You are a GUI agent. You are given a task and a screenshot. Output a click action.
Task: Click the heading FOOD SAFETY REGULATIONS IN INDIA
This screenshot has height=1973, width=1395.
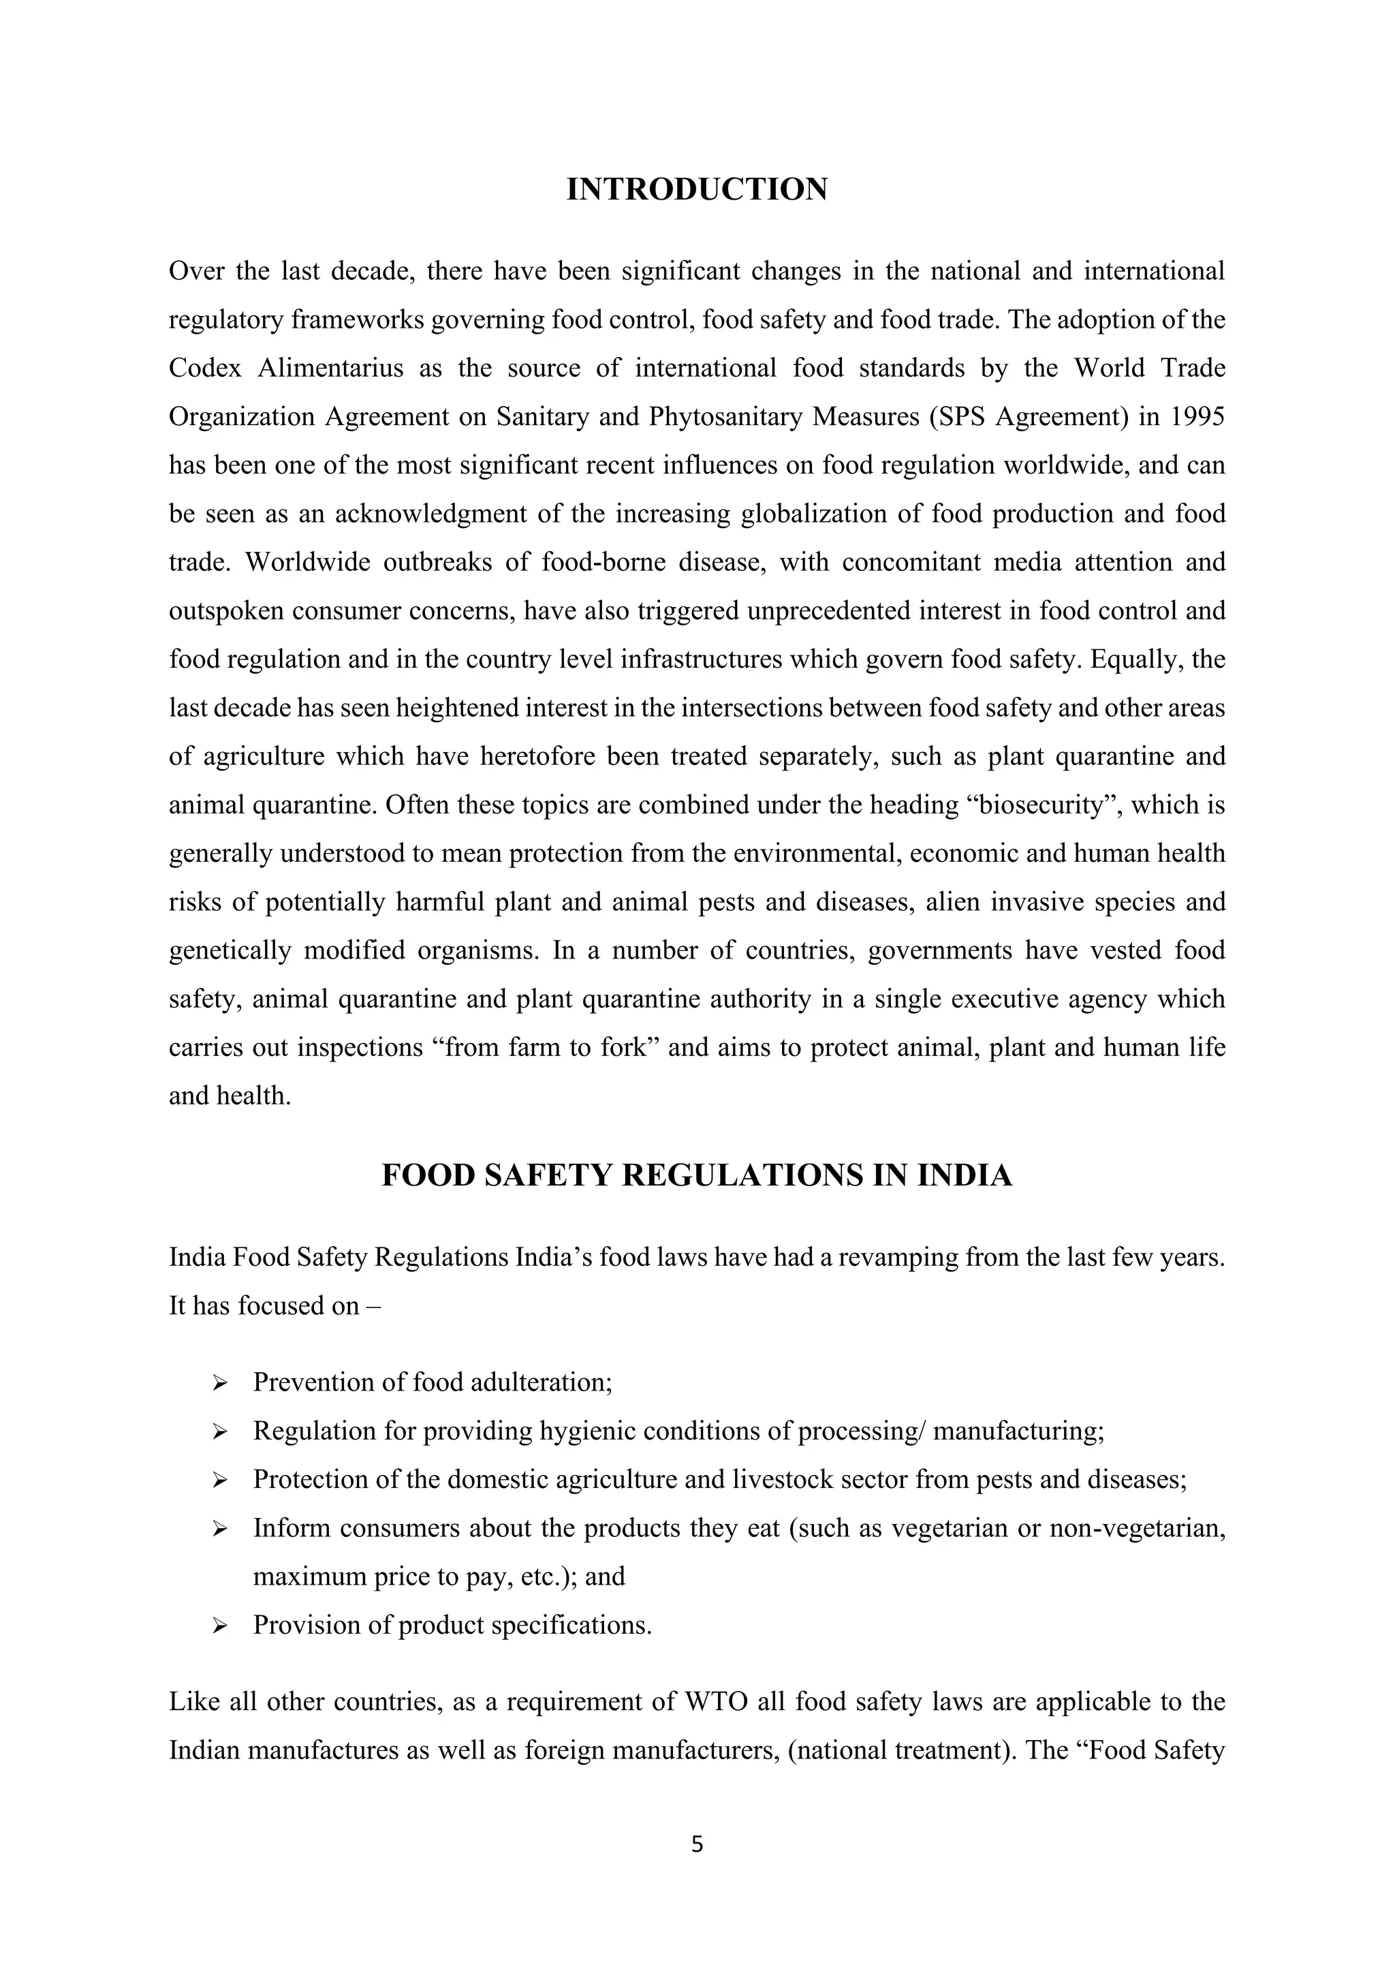coord(697,1175)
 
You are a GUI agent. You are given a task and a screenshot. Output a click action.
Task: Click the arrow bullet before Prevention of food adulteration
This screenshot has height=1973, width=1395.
coord(219,1384)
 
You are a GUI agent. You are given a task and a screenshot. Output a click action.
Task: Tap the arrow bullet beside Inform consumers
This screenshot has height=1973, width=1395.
coord(219,1529)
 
